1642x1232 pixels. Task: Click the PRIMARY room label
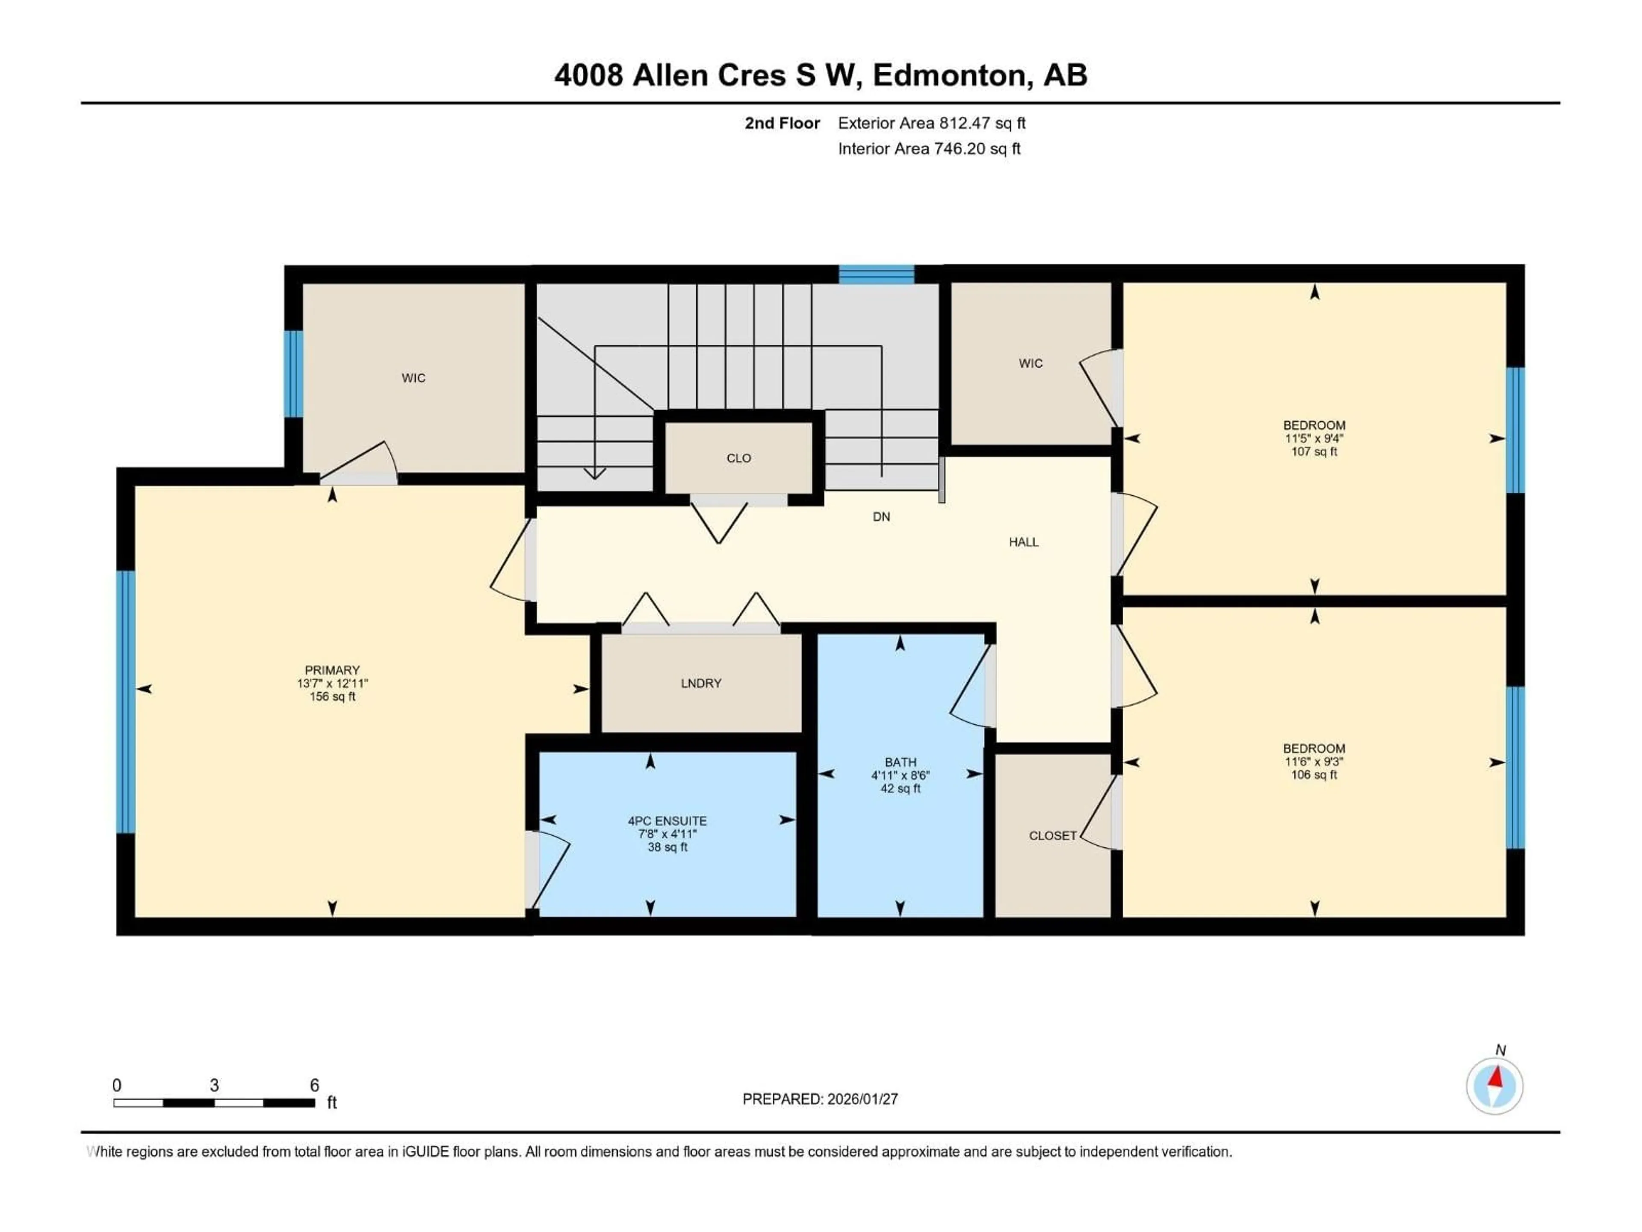tap(332, 670)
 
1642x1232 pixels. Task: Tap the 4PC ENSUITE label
tap(667, 820)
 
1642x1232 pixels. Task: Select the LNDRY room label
tap(701, 683)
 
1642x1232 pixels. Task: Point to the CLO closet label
tap(738, 458)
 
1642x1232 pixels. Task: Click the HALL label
tap(1023, 542)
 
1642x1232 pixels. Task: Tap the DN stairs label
tap(881, 517)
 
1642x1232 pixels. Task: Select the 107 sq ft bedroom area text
tap(1314, 451)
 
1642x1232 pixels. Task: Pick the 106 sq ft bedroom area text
tap(1314, 775)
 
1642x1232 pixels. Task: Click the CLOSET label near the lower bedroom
tap(1052, 835)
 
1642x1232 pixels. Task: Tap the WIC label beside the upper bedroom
tap(1031, 363)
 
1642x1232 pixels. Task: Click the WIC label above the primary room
tap(413, 378)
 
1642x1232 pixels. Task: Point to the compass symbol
tap(1494, 1086)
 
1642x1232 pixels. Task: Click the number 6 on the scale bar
tap(314, 1085)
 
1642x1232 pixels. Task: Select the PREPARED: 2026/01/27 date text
tap(820, 1099)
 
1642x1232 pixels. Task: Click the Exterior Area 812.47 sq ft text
tap(932, 123)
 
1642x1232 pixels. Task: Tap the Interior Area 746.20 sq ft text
tap(929, 148)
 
